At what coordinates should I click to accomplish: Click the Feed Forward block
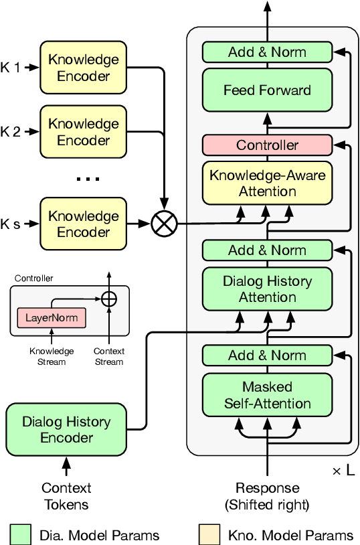(267, 90)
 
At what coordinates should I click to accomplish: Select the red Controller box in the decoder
(267, 145)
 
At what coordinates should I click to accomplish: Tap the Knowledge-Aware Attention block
(267, 183)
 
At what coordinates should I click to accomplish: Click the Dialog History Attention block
(267, 289)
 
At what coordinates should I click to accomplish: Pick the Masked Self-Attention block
(267, 395)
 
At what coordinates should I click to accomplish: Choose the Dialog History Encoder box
(66, 429)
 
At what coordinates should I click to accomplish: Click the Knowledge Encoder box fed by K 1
(83, 68)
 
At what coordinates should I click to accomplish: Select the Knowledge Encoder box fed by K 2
(83, 132)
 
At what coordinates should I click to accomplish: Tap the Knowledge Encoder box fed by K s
(83, 224)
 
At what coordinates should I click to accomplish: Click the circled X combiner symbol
(163, 224)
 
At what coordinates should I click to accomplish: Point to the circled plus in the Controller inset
(108, 298)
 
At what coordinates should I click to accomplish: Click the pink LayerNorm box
(52, 317)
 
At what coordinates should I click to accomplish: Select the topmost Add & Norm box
(267, 52)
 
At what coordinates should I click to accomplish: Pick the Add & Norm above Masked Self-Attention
(267, 356)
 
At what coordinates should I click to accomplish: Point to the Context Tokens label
(66, 496)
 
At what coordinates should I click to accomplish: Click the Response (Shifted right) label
(267, 496)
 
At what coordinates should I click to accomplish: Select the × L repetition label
(344, 471)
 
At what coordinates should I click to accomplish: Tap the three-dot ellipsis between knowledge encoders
(87, 179)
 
